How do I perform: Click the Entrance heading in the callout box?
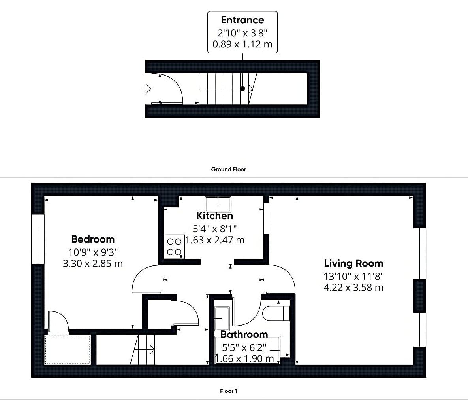point(242,20)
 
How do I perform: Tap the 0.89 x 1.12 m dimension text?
point(242,44)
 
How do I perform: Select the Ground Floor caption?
point(229,169)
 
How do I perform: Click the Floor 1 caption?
point(229,391)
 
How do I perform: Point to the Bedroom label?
point(93,239)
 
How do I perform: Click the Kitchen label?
point(214,216)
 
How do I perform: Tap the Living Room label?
point(353,264)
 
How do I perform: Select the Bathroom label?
point(244,334)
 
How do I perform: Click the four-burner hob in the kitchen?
point(174,246)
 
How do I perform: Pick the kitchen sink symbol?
point(218,204)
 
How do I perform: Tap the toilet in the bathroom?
point(276,313)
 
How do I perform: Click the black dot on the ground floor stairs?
point(242,89)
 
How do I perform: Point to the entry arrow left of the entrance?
point(147,89)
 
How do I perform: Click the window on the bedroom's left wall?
point(38,239)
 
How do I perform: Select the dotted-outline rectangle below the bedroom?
point(68,350)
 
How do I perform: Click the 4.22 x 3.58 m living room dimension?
point(353,288)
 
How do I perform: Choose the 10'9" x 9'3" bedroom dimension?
point(93,252)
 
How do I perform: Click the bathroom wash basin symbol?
point(222,318)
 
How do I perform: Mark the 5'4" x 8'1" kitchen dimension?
point(214,229)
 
